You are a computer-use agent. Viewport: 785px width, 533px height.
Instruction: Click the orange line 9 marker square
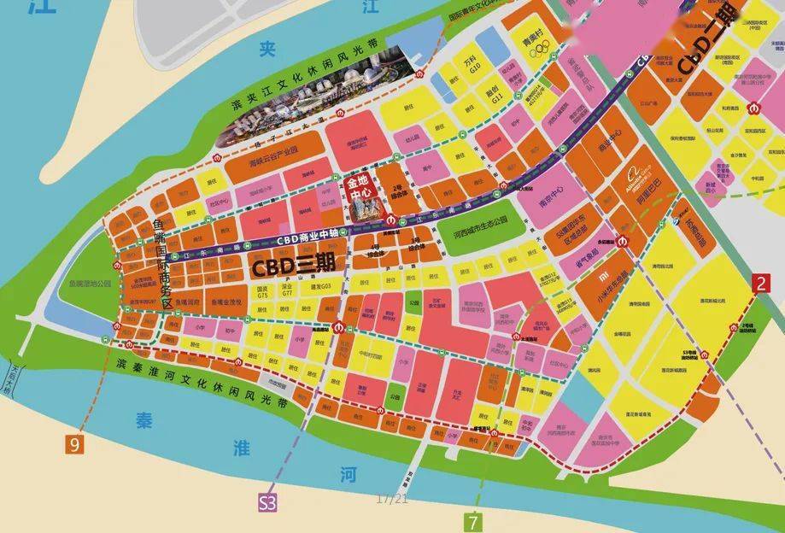click(75, 445)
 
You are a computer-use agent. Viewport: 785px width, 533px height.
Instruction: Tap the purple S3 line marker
click(267, 503)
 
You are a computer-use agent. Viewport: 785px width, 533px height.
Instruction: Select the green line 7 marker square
click(474, 520)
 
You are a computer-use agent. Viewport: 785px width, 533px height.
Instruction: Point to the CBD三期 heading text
click(291, 266)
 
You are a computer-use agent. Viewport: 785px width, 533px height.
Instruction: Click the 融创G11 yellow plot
click(493, 94)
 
